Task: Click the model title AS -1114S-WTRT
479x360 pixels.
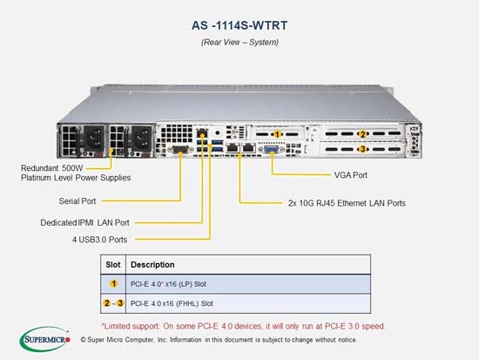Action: (x=239, y=25)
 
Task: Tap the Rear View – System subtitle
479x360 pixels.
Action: (x=239, y=42)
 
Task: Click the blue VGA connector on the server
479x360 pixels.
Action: (x=271, y=150)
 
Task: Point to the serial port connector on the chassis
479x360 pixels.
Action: (x=180, y=150)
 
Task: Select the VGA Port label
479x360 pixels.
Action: (x=350, y=175)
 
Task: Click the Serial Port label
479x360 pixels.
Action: (x=78, y=201)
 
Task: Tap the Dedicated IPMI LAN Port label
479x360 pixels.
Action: (x=85, y=222)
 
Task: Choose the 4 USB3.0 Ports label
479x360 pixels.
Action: (x=99, y=240)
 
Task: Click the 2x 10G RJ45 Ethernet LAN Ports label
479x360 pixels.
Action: (x=347, y=203)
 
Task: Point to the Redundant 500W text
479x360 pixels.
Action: (x=52, y=168)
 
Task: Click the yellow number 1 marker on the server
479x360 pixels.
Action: (x=277, y=134)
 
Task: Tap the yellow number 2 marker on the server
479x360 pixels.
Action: (x=362, y=134)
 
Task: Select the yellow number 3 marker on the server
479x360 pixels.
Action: (x=362, y=149)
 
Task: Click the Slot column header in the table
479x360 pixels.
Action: (x=113, y=265)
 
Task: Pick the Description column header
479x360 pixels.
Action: (x=152, y=265)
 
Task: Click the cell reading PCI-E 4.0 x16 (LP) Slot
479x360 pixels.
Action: (x=168, y=284)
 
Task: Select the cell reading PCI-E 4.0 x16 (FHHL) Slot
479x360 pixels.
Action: (x=172, y=303)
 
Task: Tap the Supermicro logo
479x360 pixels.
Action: (x=45, y=339)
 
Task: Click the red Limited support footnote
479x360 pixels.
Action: (x=243, y=326)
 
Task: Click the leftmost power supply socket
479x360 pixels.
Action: (x=94, y=138)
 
